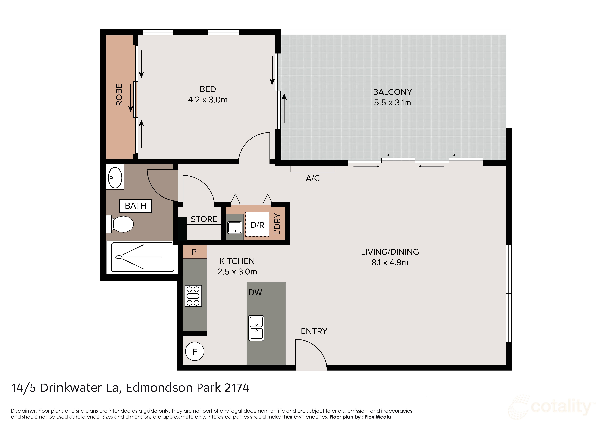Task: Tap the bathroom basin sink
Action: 115,178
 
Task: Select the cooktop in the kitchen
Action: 193,296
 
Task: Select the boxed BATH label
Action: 136,206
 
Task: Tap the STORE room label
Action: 204,219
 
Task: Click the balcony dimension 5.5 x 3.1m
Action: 392,103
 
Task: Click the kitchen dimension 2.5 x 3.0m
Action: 237,272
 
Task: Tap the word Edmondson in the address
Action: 173,388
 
